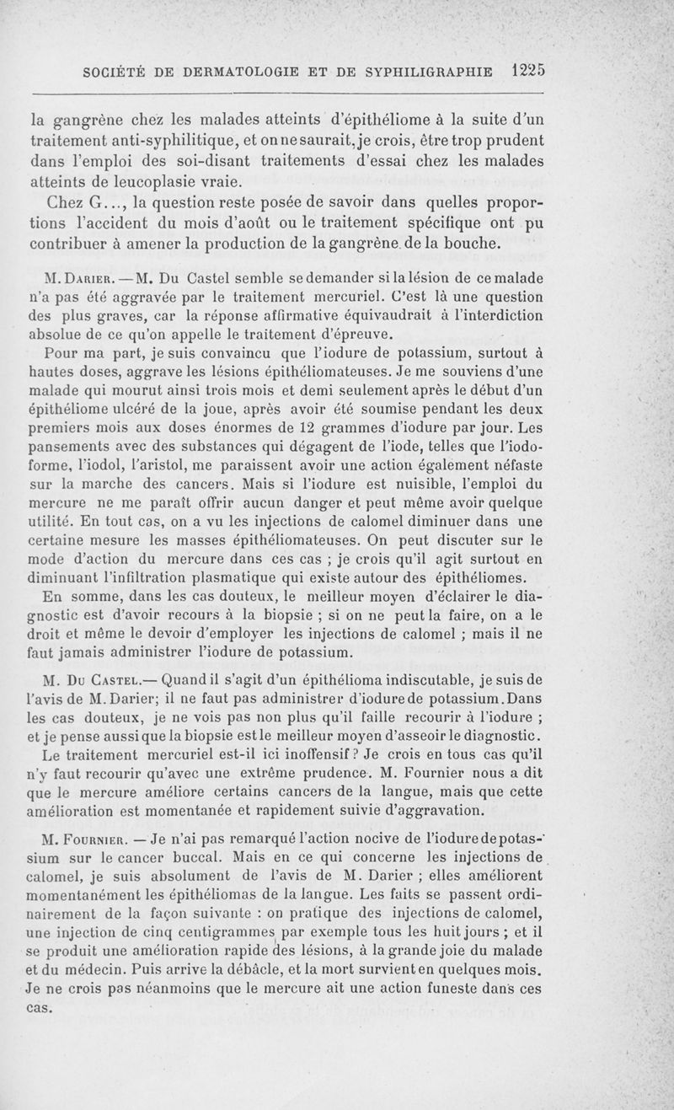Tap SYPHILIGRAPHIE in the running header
(x=431, y=72)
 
